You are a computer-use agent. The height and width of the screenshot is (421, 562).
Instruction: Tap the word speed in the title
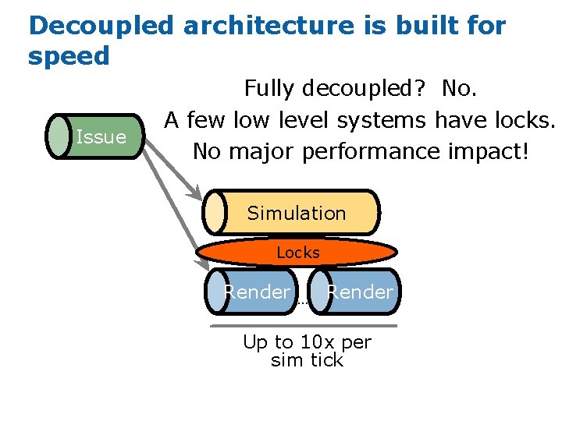[x=69, y=56]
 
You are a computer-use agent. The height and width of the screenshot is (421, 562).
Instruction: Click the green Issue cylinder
[x=96, y=136]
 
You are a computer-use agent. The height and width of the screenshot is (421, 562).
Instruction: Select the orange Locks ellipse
[x=297, y=253]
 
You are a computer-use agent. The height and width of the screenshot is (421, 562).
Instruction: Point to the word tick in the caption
[x=326, y=359]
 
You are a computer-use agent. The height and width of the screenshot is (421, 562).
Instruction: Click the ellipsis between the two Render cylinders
[x=304, y=301]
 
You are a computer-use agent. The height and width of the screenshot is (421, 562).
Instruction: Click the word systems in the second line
[x=382, y=120]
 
